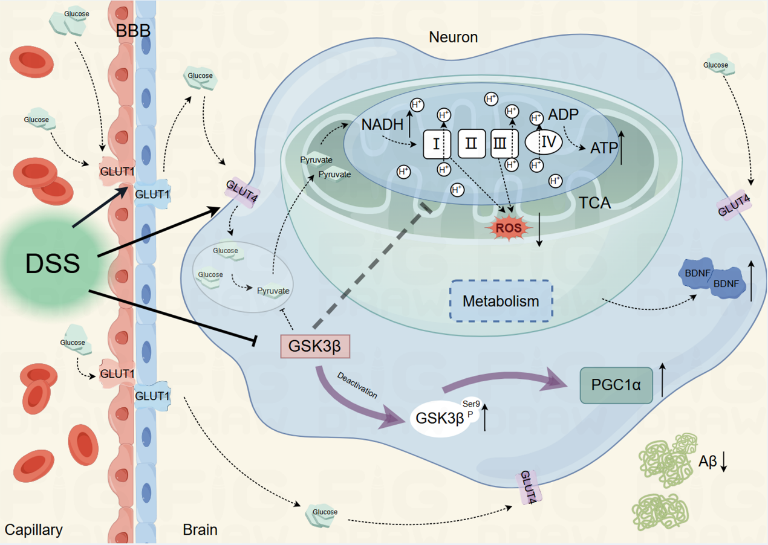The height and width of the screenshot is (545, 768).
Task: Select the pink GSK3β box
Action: [x=315, y=347]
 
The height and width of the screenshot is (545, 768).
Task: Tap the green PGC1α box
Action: [x=616, y=385]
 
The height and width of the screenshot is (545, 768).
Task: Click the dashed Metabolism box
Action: [x=500, y=300]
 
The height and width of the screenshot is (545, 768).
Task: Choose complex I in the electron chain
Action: [x=437, y=144]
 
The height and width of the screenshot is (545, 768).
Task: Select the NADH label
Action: [x=383, y=125]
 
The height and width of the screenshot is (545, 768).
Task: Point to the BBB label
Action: [x=133, y=31]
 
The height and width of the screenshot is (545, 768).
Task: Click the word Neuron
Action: [x=453, y=37]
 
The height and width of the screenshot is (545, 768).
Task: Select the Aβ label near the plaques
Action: [x=708, y=462]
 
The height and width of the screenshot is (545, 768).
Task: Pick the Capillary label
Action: [x=33, y=530]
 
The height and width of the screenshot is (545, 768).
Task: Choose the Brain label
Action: [x=200, y=530]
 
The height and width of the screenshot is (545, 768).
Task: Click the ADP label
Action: [x=564, y=115]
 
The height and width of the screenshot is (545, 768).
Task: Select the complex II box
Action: [x=471, y=144]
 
